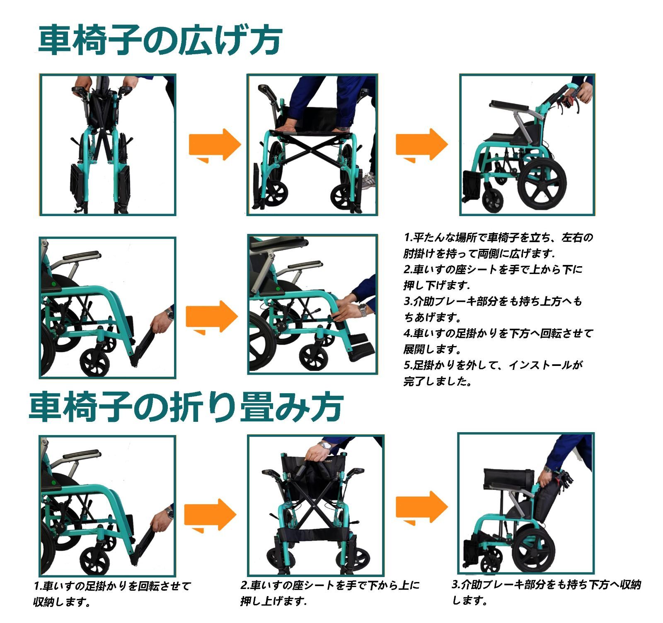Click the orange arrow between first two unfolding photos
[x=214, y=145]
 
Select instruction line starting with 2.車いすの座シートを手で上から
[x=493, y=270]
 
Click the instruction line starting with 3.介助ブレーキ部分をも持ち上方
[x=493, y=302]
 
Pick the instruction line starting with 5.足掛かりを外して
[x=493, y=366]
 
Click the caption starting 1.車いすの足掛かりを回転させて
[x=112, y=586]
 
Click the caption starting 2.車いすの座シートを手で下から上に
[x=330, y=585]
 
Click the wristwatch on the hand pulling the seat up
[x=326, y=445]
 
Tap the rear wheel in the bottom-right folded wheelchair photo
[x=535, y=550]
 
